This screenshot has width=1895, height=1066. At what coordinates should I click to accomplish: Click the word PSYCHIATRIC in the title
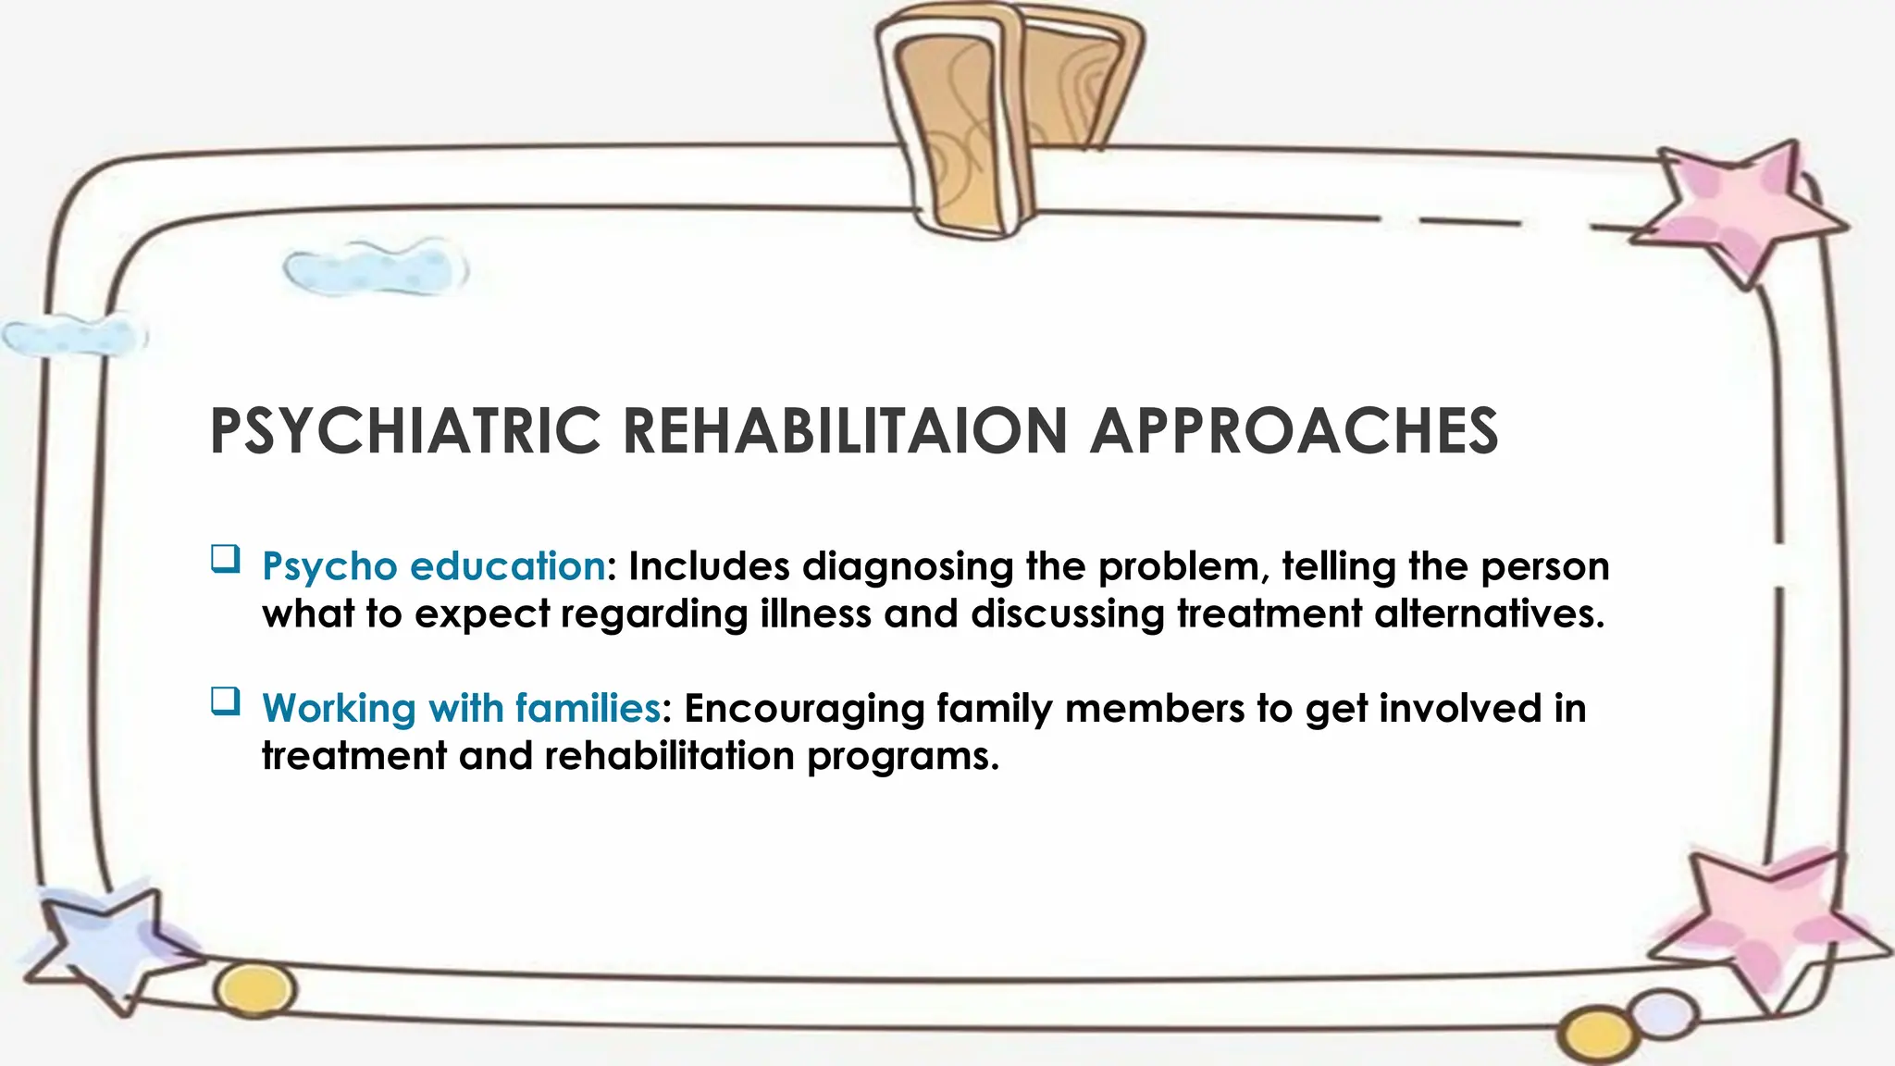point(405,431)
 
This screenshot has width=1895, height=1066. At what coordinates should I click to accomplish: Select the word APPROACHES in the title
point(1294,431)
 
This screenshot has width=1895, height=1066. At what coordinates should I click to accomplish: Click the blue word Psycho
point(329,567)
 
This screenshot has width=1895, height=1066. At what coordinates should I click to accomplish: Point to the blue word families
point(588,709)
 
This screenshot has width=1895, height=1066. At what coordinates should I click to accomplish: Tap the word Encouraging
point(804,709)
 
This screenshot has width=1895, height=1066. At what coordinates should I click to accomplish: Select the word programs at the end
point(903,757)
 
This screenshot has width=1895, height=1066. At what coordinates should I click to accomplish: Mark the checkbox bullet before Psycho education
point(225,560)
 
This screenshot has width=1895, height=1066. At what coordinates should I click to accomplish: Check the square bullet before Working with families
point(225,701)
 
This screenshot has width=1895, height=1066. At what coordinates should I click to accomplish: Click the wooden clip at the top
point(1004,111)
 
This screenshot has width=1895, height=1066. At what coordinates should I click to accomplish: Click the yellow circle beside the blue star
point(256,989)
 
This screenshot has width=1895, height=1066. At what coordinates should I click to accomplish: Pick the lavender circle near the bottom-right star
point(1664,1014)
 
